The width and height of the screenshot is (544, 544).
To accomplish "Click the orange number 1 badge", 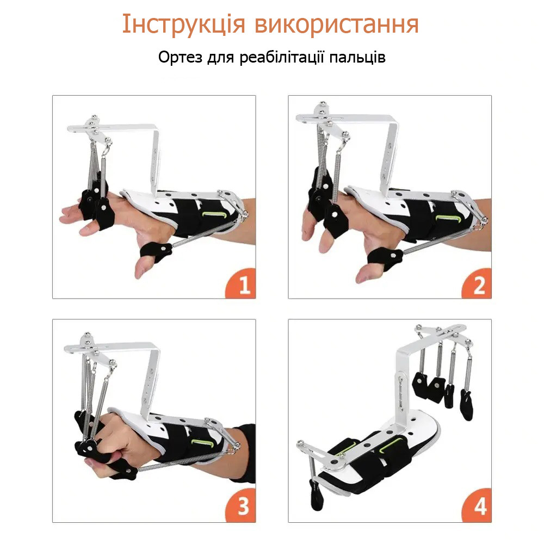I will point(243,285).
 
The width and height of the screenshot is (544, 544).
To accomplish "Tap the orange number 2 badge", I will point(479,285).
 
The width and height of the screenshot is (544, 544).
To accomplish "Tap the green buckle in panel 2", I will point(444,218).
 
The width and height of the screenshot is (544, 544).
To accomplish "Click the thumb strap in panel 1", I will point(156,251).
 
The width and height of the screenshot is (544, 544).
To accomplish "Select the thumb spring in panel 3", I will point(180,463).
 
